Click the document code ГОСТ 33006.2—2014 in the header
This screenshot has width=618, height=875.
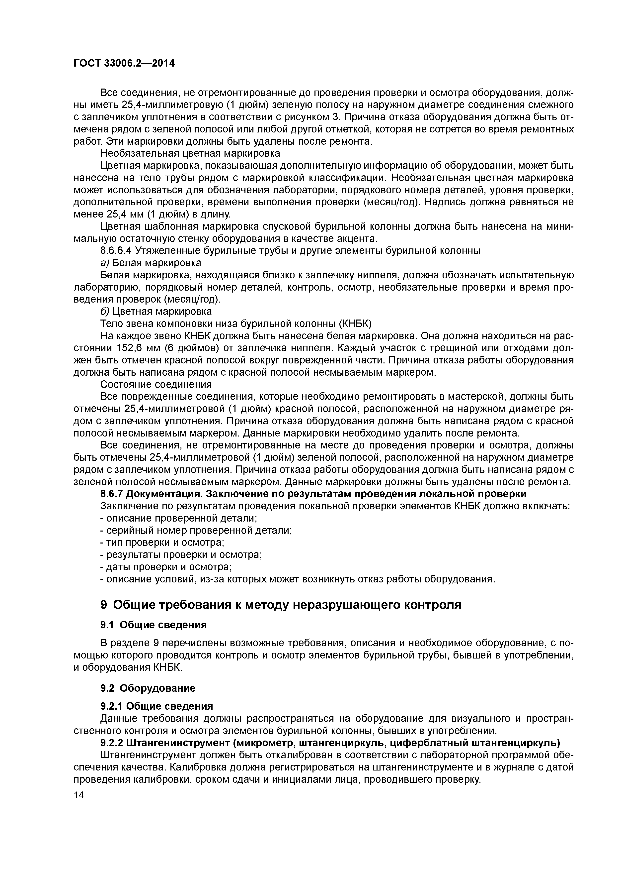point(124,63)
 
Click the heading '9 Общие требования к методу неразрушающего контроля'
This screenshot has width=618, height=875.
point(281,605)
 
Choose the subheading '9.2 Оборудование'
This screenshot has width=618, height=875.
point(148,688)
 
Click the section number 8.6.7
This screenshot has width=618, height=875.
point(112,494)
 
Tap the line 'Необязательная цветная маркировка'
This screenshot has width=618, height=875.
point(190,153)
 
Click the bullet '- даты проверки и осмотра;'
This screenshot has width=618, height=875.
point(166,567)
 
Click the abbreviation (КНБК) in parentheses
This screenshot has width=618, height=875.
point(355,324)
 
